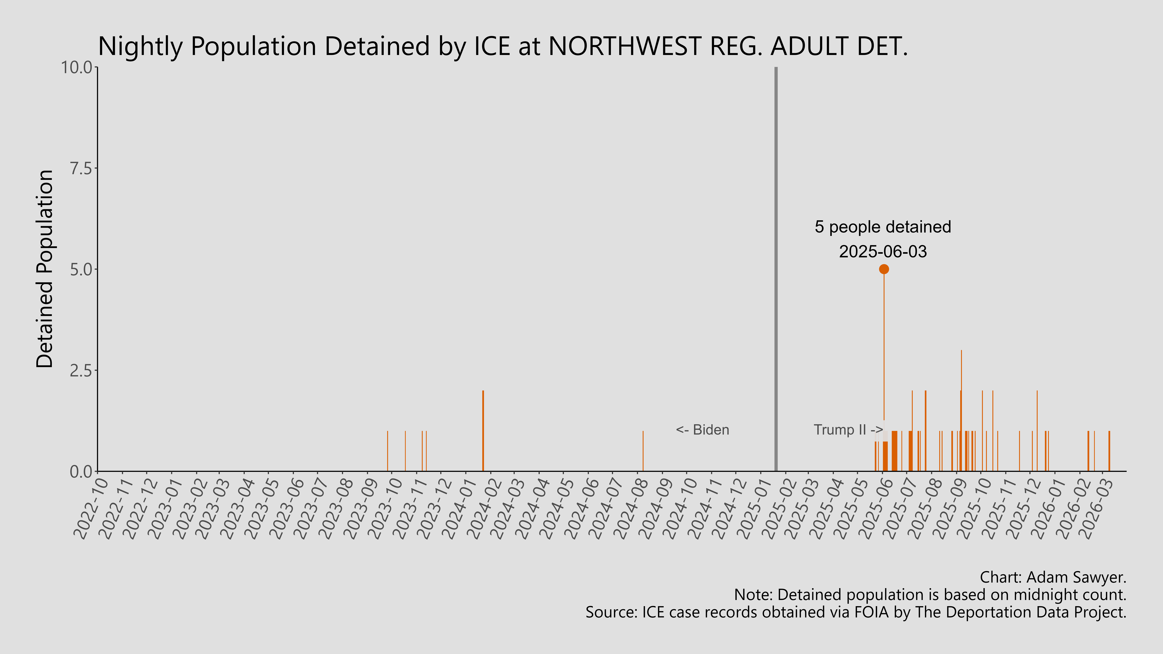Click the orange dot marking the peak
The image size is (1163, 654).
point(884,269)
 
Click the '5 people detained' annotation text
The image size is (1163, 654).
point(883,227)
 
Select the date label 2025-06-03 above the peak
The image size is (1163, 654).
point(883,251)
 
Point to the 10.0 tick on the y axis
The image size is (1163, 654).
point(79,68)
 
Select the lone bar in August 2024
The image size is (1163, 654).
point(643,451)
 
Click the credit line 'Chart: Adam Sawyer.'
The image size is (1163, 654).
point(1053,577)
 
